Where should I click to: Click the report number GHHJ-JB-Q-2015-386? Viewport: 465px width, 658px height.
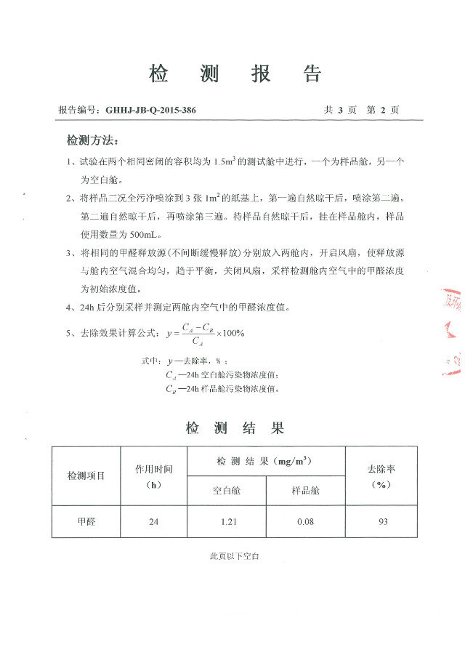[x=150, y=111]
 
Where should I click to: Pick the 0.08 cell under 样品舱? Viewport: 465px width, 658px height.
[x=305, y=521]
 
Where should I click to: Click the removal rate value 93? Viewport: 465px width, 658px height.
[x=381, y=521]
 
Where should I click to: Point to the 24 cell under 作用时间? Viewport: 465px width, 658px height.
[x=153, y=521]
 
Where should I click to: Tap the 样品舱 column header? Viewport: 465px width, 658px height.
[x=305, y=491]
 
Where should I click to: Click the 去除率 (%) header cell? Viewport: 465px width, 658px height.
[x=381, y=476]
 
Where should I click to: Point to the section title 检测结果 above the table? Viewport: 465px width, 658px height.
[x=234, y=428]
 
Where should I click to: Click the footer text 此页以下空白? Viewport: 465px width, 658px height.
[x=235, y=556]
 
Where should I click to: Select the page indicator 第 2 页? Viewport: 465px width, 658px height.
[x=384, y=111]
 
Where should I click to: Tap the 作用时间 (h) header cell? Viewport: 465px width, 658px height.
[x=153, y=476]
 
